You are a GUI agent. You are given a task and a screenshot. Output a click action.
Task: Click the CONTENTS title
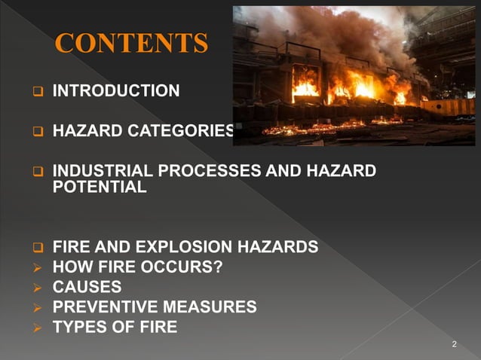coord(131,44)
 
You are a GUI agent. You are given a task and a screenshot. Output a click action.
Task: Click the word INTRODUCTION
coord(116,92)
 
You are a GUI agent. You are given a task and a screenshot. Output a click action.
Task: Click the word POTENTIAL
coord(100,188)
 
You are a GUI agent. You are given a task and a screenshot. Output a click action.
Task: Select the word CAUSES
coord(87,287)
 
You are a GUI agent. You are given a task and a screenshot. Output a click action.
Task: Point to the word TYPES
coord(78,327)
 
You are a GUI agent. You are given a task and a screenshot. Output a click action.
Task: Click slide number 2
coord(454,344)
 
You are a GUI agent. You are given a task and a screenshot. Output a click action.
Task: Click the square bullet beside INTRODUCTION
coord(35,93)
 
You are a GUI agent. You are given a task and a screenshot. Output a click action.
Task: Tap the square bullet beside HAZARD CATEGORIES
coord(35,133)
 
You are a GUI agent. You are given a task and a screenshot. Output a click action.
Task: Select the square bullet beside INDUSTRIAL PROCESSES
coord(35,172)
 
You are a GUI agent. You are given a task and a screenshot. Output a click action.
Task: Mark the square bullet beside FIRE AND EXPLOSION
coord(35,248)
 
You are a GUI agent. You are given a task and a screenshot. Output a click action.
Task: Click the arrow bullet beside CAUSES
coord(35,288)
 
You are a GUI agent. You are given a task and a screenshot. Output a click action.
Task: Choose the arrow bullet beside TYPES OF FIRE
coord(35,328)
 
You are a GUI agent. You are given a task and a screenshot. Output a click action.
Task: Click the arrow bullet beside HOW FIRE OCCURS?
coord(35,267)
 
